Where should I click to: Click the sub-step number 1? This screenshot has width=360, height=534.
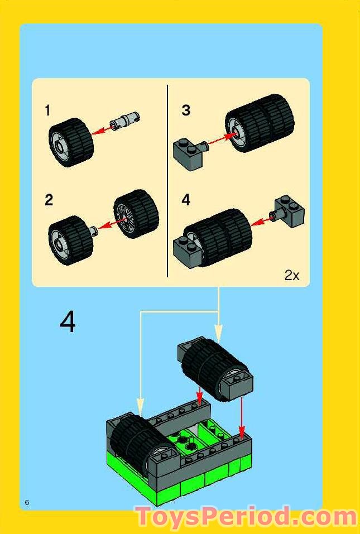click(x=48, y=111)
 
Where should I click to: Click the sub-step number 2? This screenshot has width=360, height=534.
click(x=49, y=200)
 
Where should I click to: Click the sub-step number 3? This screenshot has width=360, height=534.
click(x=185, y=110)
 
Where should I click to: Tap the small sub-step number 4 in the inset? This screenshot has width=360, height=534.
click(x=186, y=200)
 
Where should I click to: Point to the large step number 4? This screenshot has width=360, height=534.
click(x=67, y=322)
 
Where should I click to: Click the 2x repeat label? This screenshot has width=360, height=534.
click(x=292, y=275)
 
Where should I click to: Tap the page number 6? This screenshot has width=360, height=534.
click(x=26, y=502)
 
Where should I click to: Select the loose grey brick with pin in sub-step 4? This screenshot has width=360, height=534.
click(x=288, y=211)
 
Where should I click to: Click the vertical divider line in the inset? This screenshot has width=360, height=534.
click(x=167, y=181)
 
